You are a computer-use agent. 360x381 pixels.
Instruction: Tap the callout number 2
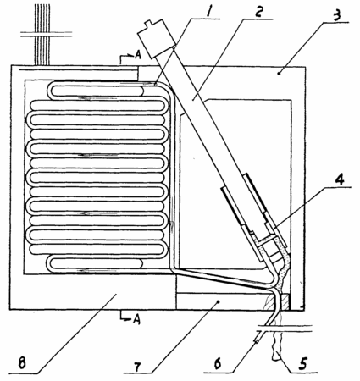[259, 11]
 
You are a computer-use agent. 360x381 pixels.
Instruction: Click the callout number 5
[302, 363]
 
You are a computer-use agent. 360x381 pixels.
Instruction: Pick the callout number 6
[218, 364]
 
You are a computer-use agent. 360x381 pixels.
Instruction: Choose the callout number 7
[137, 367]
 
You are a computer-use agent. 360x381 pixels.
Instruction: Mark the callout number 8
[22, 363]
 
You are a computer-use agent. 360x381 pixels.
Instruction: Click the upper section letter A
[137, 55]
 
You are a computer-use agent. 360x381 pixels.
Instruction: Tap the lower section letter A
[136, 319]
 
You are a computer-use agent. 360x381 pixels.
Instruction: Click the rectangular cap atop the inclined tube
[156, 39]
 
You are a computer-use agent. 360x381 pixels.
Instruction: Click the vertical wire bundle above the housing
[42, 34]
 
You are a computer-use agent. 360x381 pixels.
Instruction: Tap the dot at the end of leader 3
[279, 74]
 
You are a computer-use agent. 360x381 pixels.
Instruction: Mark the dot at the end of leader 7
[218, 301]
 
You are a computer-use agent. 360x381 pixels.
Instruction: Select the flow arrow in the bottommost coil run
[97, 271]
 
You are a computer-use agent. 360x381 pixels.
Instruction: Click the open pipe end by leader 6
[258, 340]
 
